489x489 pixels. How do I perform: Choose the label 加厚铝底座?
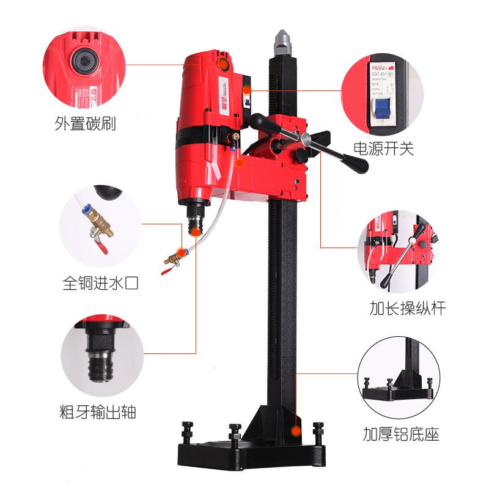400,435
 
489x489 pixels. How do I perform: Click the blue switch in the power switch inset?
383,109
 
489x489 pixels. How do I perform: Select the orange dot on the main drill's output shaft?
195,231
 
